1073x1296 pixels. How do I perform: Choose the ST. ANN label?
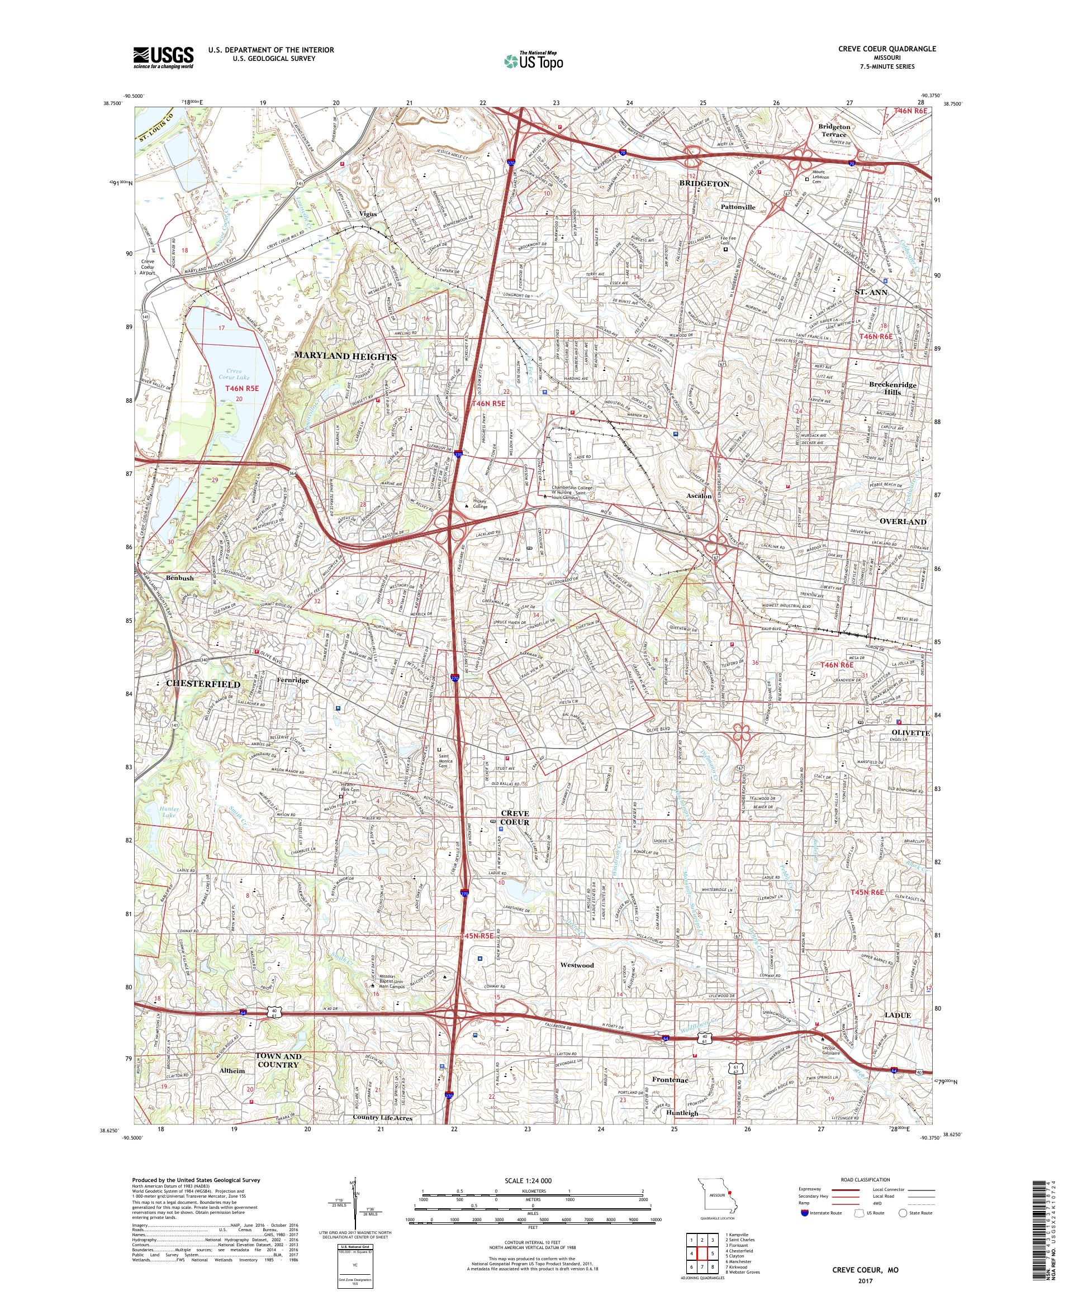click(871, 292)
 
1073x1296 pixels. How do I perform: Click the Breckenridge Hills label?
click(892, 388)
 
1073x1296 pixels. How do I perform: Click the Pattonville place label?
click(738, 207)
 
